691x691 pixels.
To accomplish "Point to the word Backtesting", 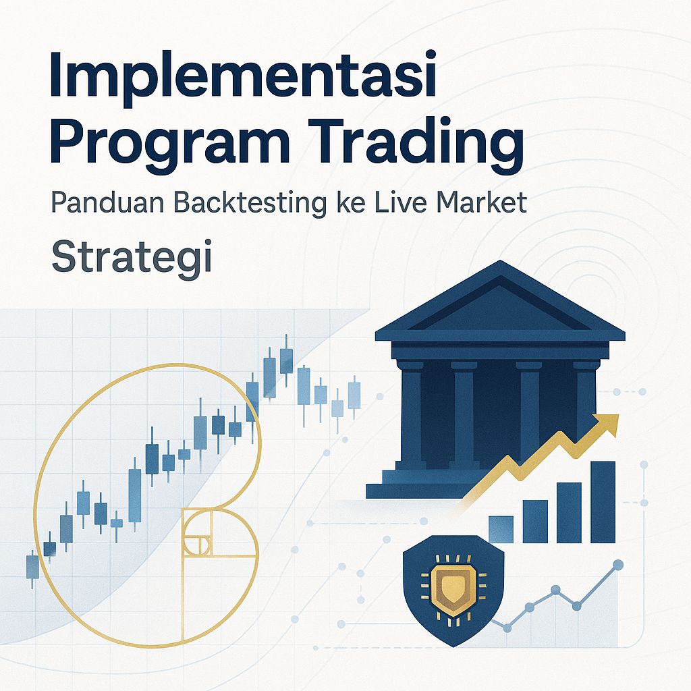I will click(x=246, y=203).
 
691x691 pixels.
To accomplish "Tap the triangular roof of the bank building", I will click(x=499, y=304).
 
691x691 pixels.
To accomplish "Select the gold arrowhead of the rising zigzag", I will click(x=607, y=424).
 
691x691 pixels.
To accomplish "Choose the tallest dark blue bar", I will click(x=603, y=502).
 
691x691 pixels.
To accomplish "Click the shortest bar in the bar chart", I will click(x=501, y=530).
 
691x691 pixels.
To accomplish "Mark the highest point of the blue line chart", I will click(x=617, y=565).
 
